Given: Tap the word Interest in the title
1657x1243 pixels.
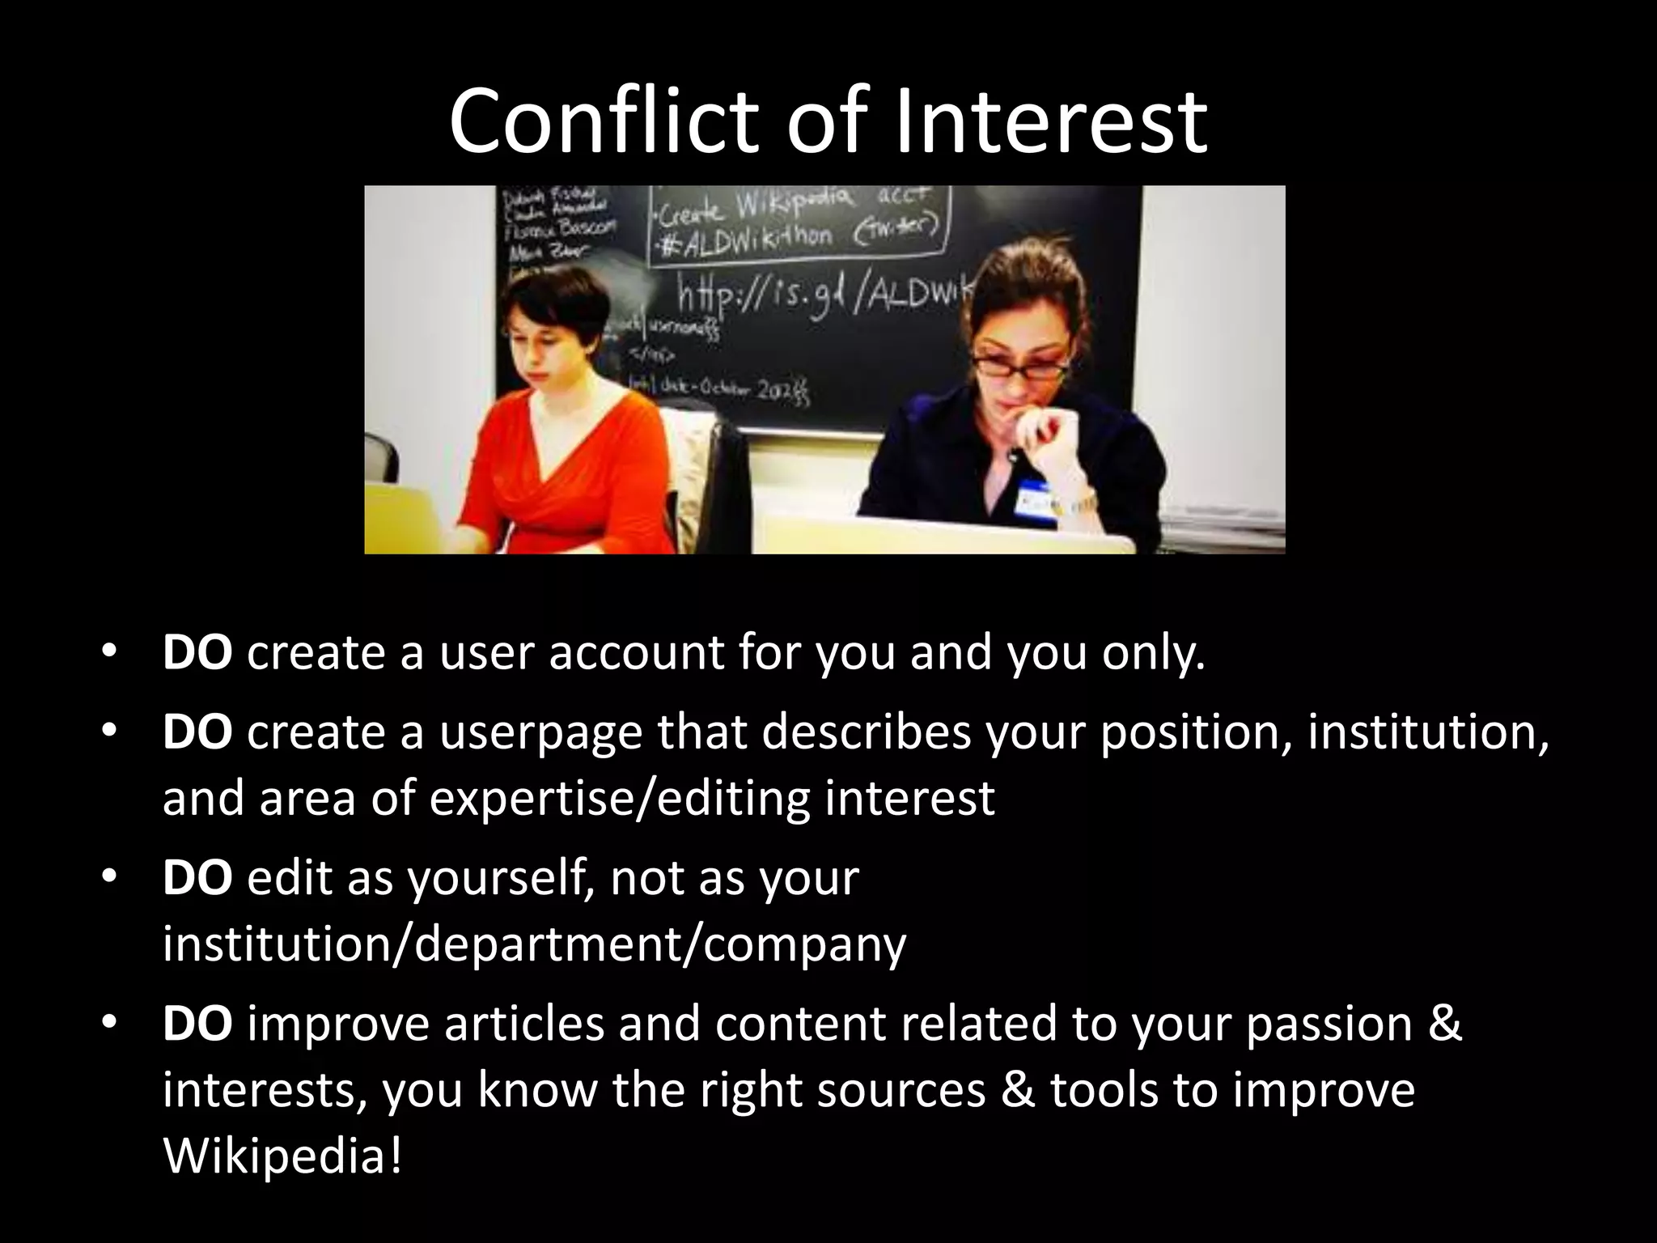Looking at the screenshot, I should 1052,122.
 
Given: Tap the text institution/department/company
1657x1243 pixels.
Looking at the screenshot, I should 534,943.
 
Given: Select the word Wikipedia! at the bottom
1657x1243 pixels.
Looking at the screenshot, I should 282,1155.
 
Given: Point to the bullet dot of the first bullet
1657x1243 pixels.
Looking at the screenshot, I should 110,651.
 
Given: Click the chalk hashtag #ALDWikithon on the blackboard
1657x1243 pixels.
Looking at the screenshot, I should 744,236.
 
